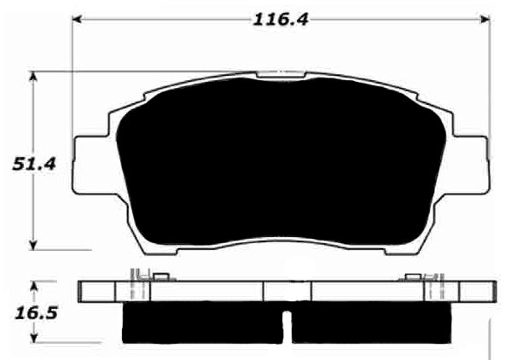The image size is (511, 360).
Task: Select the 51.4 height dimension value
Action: pyautogui.click(x=34, y=164)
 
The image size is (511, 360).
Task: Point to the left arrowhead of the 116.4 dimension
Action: pyautogui.click(x=77, y=17)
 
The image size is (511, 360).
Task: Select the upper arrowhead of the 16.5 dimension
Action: pyautogui.click(x=35, y=285)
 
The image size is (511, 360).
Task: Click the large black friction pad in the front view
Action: pyautogui.click(x=282, y=162)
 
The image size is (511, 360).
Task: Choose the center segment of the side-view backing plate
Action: pyautogui.click(x=287, y=292)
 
